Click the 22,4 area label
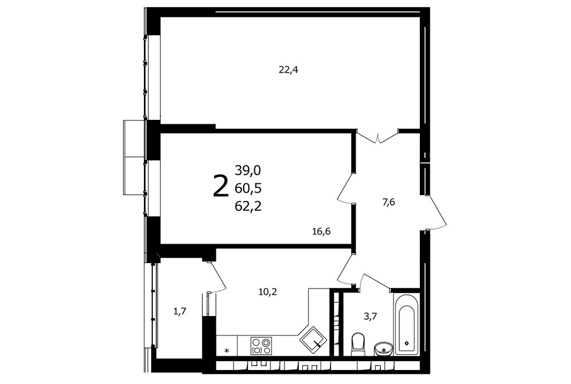288,70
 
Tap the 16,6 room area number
321,231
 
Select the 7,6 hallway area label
389,202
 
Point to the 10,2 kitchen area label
268,291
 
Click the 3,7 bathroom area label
370,316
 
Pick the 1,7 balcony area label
180,312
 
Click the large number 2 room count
220,186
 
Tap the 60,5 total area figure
248,188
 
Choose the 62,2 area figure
248,206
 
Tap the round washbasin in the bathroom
384,348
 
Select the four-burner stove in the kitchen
262,346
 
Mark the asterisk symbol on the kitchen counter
226,351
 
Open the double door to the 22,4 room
378,136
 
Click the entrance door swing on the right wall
435,213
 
